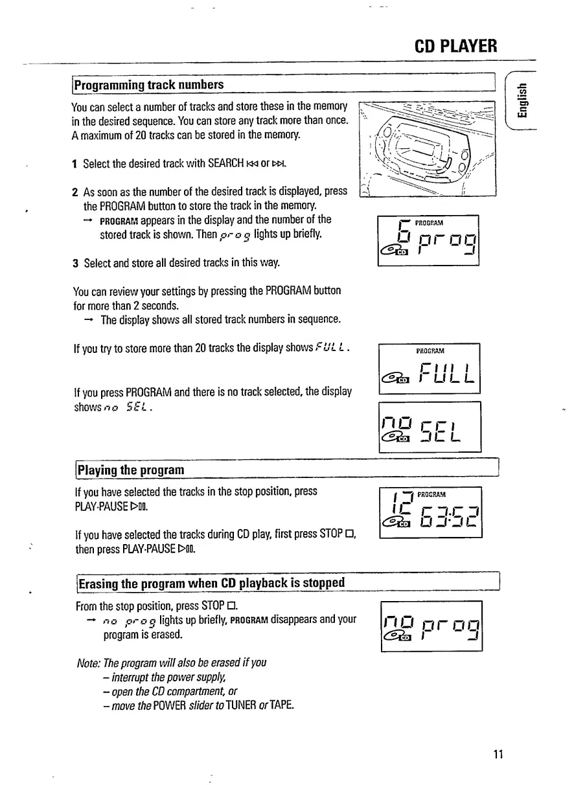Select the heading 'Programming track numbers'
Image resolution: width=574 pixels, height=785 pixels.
tap(149, 85)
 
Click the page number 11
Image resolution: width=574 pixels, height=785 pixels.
tap(498, 754)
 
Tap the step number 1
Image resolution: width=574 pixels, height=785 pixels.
tap(75, 165)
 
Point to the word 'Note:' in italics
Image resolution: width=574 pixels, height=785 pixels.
tap(88, 663)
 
